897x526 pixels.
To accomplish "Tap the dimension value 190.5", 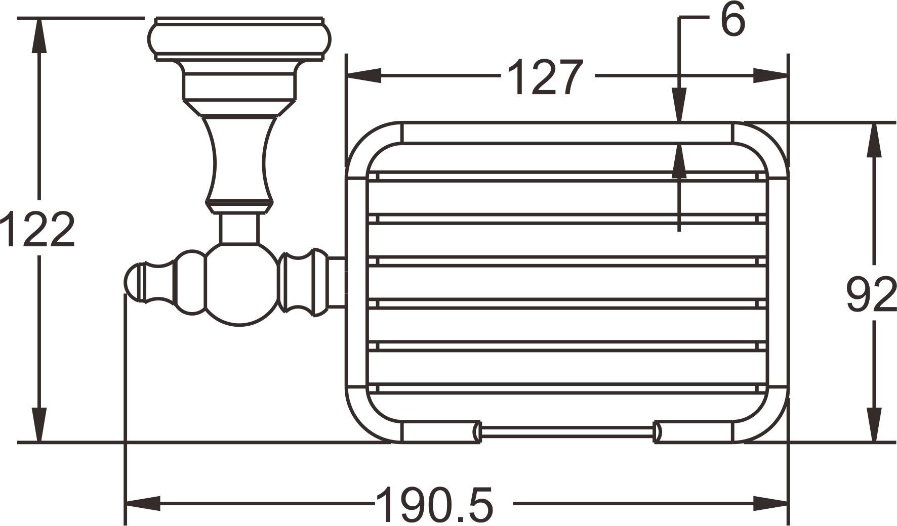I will (x=434, y=505).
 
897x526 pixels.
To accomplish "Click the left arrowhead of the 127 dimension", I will (x=362, y=76).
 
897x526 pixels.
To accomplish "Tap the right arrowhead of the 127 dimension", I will (x=770, y=76).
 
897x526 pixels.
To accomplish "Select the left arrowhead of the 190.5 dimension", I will (x=143, y=503).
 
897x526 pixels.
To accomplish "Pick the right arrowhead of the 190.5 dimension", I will (x=770, y=503).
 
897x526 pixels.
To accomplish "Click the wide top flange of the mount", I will (x=239, y=39).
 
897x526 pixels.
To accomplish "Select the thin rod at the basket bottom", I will (x=567, y=431).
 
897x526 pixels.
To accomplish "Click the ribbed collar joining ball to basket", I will (x=303, y=283).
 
